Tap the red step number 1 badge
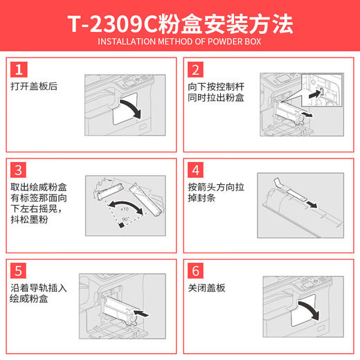click(20, 69)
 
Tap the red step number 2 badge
click(195, 69)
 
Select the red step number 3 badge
click(20, 170)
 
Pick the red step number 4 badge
click(195, 170)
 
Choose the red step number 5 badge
click(20, 269)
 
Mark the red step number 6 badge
click(195, 269)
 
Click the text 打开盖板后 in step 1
click(33, 87)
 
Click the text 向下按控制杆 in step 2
click(213, 87)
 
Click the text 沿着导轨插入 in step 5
click(38, 288)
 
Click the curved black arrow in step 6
click(308, 311)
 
